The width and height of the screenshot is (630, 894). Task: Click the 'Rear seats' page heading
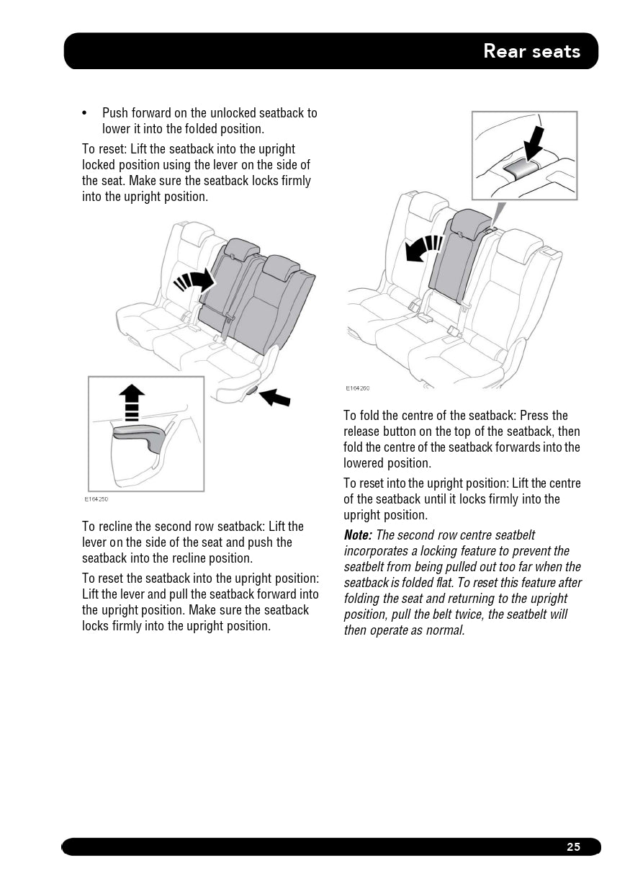coord(531,51)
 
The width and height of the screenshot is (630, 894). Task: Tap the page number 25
coord(573,847)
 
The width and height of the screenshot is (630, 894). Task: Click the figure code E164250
coord(96,499)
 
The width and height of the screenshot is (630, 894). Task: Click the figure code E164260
coord(357,388)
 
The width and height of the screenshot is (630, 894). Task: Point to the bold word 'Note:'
coord(358,535)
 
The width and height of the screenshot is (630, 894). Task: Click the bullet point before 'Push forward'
coord(85,113)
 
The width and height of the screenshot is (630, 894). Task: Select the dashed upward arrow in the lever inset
coord(132,401)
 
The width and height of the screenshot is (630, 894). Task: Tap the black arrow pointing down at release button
coord(533,142)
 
